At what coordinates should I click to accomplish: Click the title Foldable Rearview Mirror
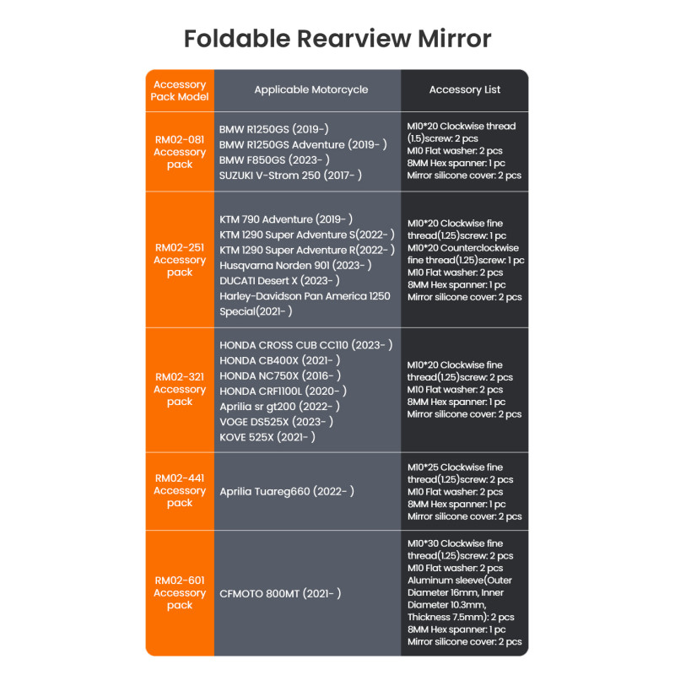click(337, 39)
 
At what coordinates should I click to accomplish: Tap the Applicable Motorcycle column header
click(310, 90)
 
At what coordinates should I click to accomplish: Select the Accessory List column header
click(465, 89)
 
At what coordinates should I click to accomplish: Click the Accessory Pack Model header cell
click(180, 90)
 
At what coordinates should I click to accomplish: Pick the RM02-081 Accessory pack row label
click(180, 152)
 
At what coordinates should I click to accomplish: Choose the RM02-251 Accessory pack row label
click(180, 260)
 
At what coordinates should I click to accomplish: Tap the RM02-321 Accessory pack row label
click(180, 389)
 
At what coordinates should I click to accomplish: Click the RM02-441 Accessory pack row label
click(180, 490)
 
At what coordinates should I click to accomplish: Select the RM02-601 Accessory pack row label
click(180, 593)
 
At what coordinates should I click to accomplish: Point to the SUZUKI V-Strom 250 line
click(290, 175)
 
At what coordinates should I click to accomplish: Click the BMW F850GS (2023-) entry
click(274, 160)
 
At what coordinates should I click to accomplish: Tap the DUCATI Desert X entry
click(279, 281)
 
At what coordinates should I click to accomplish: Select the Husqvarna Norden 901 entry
click(295, 266)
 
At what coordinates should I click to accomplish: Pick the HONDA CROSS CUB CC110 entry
click(306, 345)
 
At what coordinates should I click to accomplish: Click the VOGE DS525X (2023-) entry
click(277, 422)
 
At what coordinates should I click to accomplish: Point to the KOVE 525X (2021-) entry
click(267, 437)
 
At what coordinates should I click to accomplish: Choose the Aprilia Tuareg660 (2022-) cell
click(287, 492)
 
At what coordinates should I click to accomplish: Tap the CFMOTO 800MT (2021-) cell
click(280, 594)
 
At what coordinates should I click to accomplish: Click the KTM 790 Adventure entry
click(286, 219)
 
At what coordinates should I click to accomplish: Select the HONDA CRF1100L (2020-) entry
click(283, 391)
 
